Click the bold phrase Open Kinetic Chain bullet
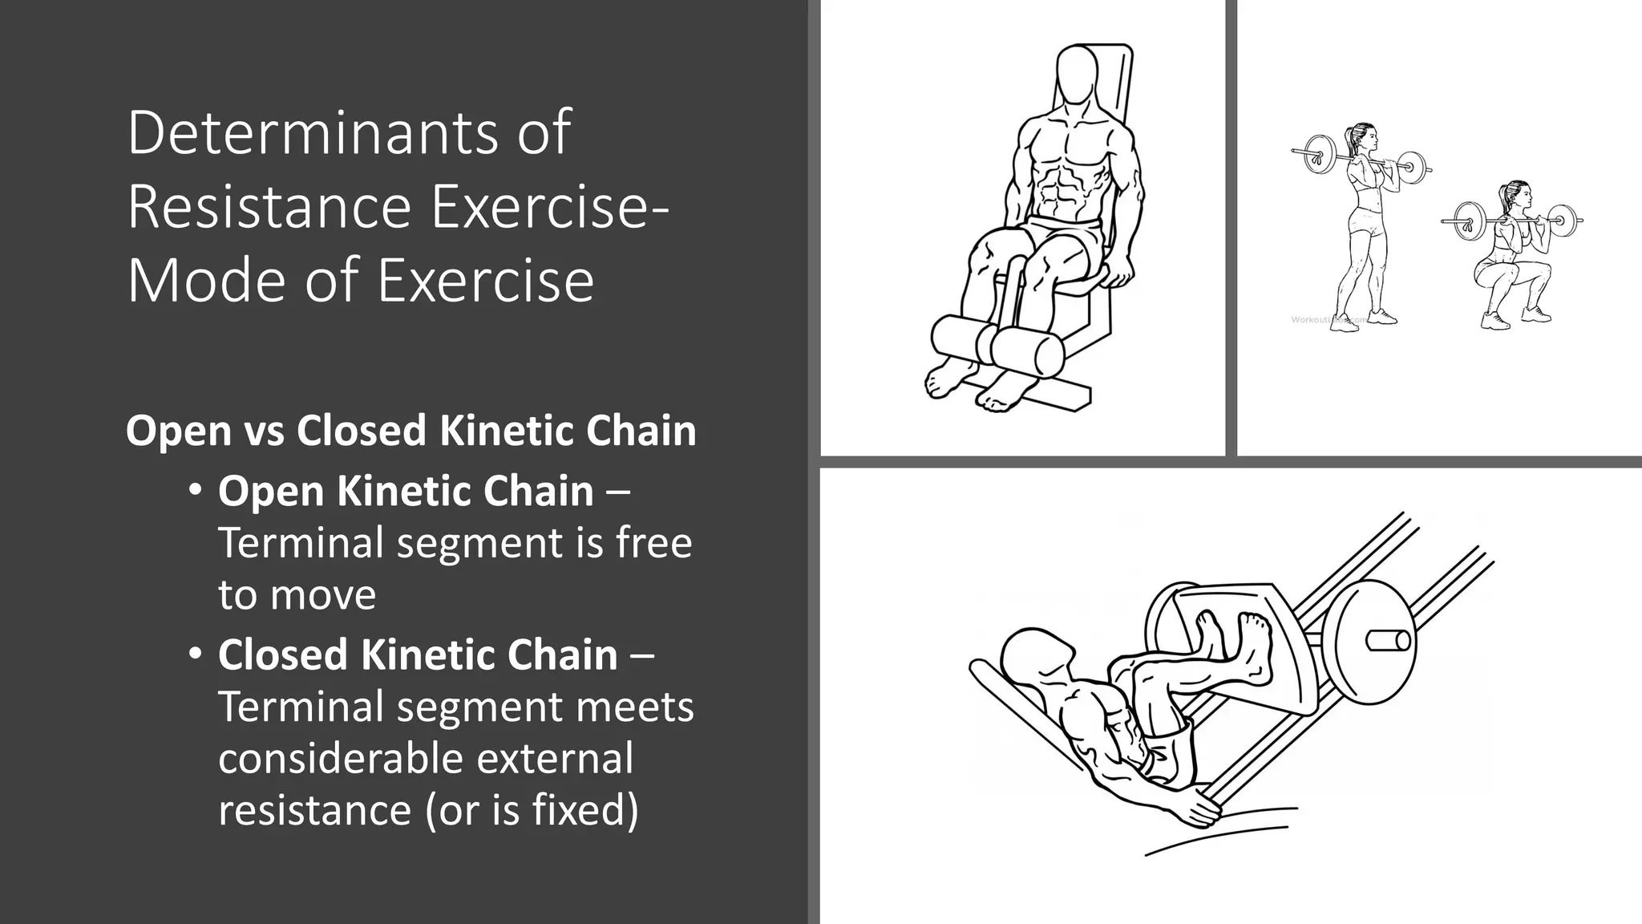tap(406, 491)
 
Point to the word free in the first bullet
tap(653, 543)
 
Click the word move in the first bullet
tap(322, 595)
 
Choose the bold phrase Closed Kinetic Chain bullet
tap(418, 654)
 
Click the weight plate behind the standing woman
tap(1316, 153)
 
